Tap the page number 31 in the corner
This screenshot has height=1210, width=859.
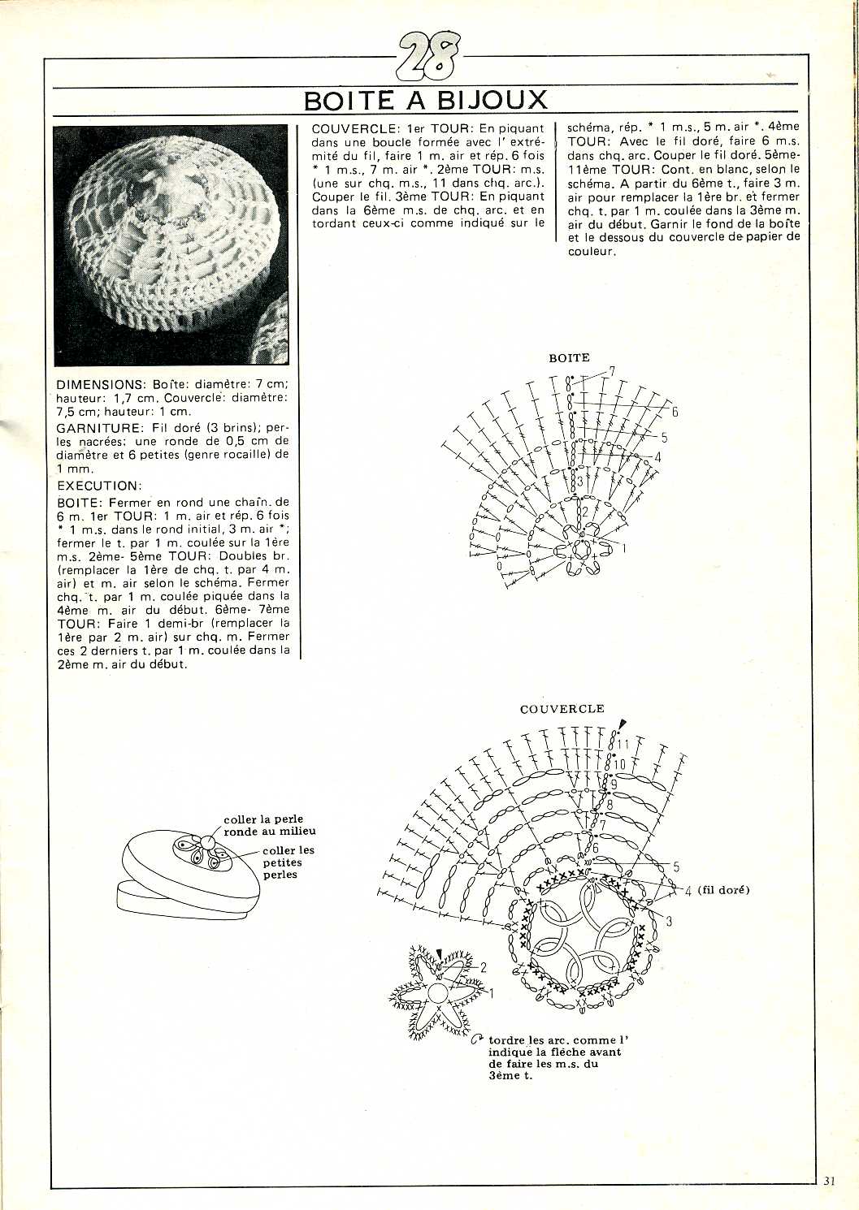(829, 1182)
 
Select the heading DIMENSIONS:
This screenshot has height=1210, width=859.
(99, 384)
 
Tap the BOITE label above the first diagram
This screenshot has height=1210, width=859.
(569, 357)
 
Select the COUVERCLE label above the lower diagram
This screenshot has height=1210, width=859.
(562, 709)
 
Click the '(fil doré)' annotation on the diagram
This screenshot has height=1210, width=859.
(722, 890)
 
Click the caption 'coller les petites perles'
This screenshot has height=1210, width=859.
(288, 862)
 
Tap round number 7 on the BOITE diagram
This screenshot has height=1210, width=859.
(612, 372)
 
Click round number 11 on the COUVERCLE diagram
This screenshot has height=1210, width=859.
(623, 744)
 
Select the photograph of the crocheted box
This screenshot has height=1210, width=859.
(171, 244)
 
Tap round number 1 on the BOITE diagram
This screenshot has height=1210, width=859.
(624, 549)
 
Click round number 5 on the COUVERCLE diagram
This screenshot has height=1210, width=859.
(676, 867)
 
